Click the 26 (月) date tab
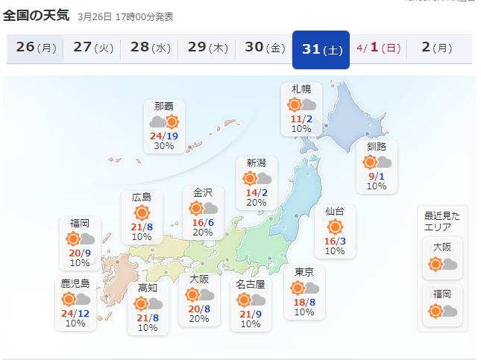click(36, 48)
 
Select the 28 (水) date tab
click(150, 48)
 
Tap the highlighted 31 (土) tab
click(321, 48)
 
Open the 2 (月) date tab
click(436, 48)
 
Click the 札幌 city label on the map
click(301, 90)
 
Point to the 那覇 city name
click(164, 107)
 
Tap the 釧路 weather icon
click(377, 162)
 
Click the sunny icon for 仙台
click(335, 226)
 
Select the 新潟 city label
click(256, 163)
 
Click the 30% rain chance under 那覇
click(164, 146)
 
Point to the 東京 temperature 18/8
click(304, 301)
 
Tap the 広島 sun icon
click(142, 212)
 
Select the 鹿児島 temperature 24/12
click(75, 313)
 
